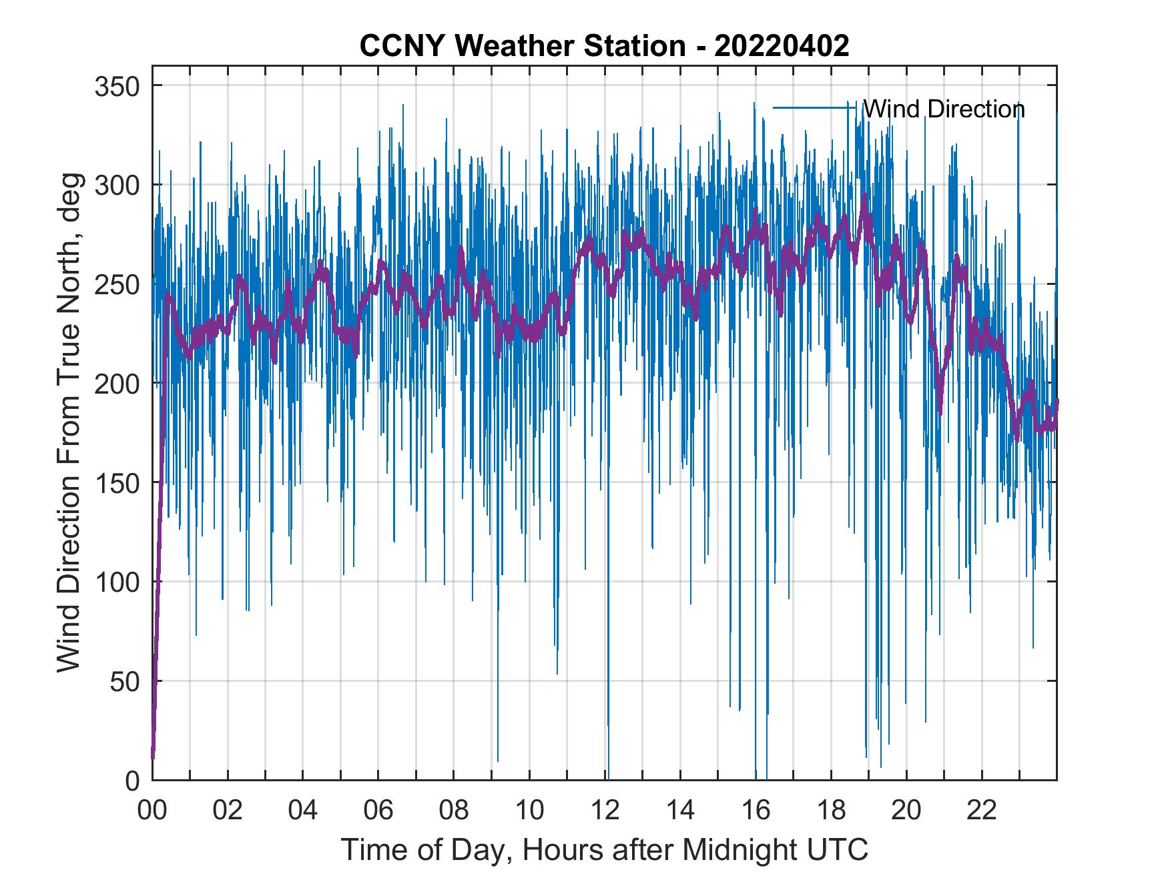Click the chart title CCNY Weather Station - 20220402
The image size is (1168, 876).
604,45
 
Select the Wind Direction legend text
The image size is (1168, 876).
944,109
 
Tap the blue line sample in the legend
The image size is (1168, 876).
814,107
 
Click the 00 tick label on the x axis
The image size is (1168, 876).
152,811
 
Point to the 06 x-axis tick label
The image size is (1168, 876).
378,811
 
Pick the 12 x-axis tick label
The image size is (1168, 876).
605,811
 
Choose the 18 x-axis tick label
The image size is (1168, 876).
831,811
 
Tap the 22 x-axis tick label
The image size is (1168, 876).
982,811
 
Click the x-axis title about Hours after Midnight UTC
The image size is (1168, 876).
605,850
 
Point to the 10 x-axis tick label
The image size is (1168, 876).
529,811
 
